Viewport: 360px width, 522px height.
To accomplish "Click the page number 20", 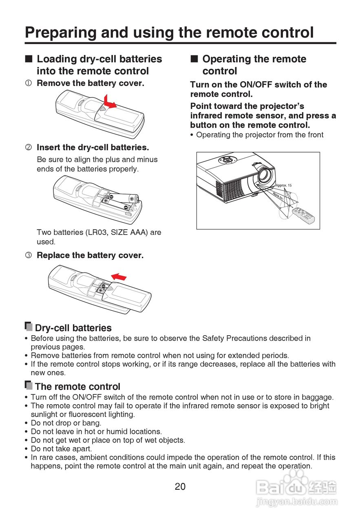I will pos(180,486).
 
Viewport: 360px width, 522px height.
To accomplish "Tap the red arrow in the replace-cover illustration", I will pos(119,276).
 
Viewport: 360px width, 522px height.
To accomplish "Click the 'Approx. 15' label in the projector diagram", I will pos(283,185).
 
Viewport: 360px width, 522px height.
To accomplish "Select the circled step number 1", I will pos(28,84).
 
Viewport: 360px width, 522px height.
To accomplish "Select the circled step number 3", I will pos(28,256).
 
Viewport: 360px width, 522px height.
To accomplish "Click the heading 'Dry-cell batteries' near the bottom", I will pos(73,328).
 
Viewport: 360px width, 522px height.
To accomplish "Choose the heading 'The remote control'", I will pos(77,387).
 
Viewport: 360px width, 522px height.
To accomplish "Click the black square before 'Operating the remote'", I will pos(194,59).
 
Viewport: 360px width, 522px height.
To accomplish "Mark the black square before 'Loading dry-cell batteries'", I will pos(28,59).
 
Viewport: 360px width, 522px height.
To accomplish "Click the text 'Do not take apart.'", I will pos(61,449).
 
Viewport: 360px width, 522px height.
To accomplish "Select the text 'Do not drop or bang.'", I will pos(66,423).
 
